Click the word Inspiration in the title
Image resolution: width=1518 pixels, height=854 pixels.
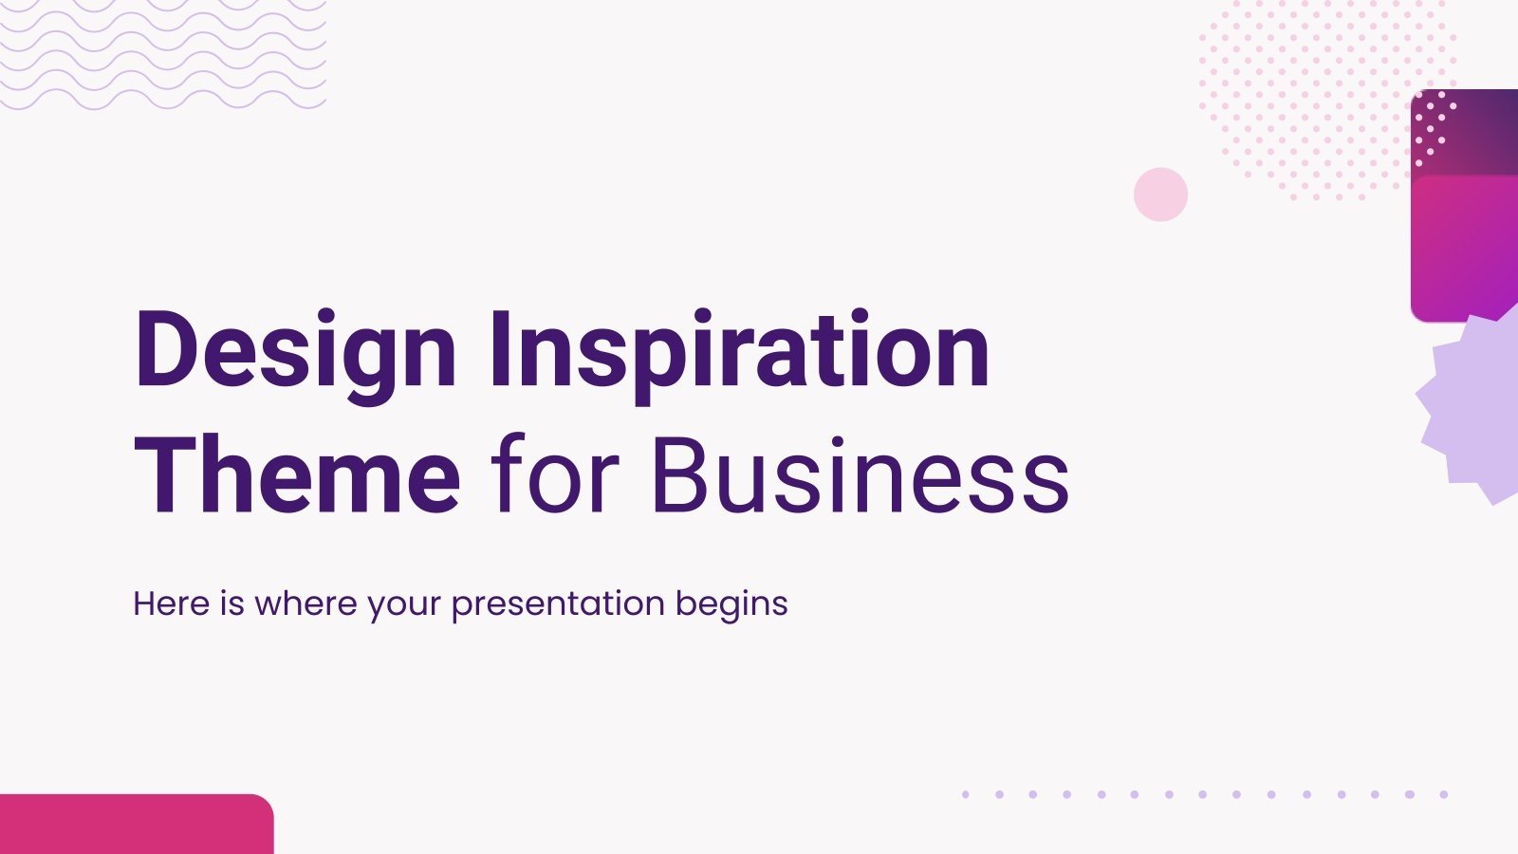point(739,351)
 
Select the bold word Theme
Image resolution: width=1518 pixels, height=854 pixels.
point(297,474)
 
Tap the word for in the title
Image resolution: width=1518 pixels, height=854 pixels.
point(555,474)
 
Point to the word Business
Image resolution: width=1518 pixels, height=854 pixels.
point(861,474)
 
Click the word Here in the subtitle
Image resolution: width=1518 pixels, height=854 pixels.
point(171,603)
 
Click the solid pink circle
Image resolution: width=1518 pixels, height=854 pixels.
point(1160,195)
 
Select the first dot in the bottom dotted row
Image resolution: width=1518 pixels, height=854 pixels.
point(965,794)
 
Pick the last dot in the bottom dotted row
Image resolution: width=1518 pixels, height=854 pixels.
point(1444,794)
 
